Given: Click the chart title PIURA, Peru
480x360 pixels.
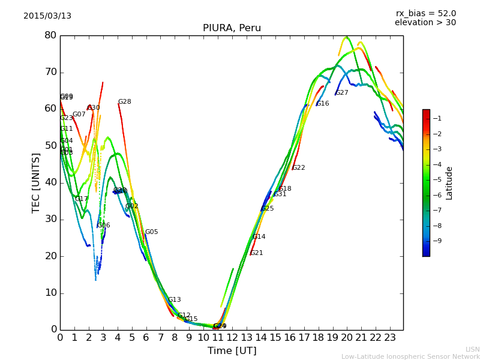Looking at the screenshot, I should click(232, 28).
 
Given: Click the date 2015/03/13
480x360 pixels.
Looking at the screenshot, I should click(47, 16).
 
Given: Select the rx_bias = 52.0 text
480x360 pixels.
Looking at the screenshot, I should click(425, 13).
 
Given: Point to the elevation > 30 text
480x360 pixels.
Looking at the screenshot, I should click(425, 23).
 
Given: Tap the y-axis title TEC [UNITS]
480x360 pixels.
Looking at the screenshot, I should click(36, 182).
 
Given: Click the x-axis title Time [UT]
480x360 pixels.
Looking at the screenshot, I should click(232, 351).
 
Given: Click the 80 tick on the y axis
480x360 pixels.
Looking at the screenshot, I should click(50, 35).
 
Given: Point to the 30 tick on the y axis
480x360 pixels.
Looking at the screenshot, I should click(50, 219).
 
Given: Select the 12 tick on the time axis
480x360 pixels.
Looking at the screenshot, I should click(232, 338).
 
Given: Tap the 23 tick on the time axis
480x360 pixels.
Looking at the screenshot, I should click(390, 338).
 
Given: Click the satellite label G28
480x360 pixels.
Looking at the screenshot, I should click(124, 102).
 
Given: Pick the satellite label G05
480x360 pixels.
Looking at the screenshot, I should click(151, 232).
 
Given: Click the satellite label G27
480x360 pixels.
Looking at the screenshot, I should click(341, 93).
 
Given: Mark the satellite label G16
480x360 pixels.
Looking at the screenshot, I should click(322, 104).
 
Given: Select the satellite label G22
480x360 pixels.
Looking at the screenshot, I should click(298, 168).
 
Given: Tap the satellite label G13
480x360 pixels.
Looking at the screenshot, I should click(174, 300).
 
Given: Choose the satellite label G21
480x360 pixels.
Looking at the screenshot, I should click(256, 253).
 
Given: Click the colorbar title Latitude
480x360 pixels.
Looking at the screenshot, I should click(449, 183).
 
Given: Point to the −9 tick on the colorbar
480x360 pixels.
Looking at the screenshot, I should click(437, 241).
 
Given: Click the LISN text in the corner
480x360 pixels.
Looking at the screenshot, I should click(472, 349).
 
